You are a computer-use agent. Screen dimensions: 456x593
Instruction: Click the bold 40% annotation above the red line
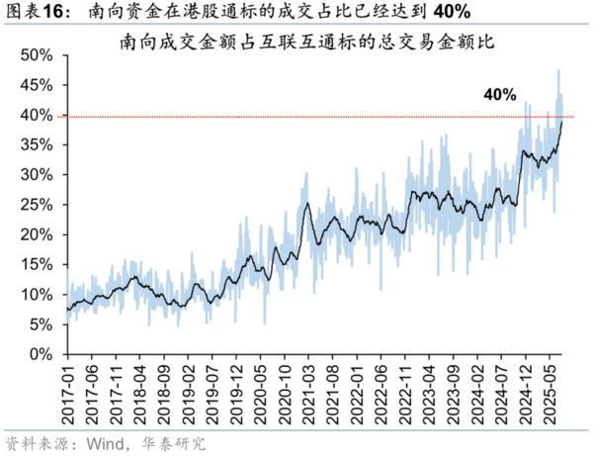click(499, 95)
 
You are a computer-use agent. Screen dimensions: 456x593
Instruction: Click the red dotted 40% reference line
click(296, 116)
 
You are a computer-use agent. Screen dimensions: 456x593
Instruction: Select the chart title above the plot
click(306, 44)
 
